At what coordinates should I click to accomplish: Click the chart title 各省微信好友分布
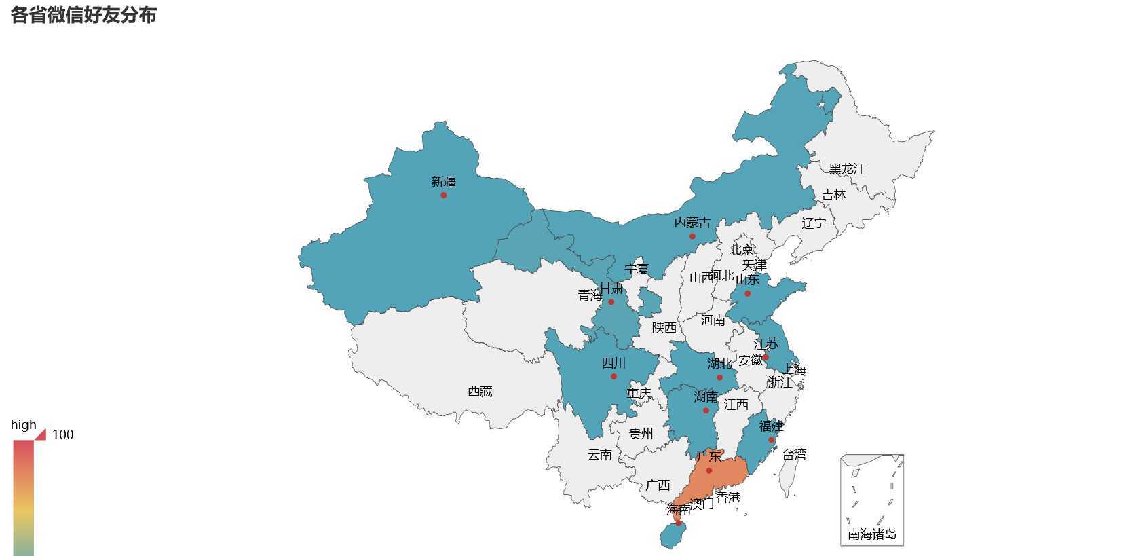(x=83, y=15)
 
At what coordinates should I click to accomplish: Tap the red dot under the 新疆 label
(x=444, y=196)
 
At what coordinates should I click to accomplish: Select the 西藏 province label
(x=480, y=392)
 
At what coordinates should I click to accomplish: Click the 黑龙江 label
(x=847, y=169)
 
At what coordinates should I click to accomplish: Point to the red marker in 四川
(x=613, y=376)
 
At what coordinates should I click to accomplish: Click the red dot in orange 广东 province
(x=708, y=470)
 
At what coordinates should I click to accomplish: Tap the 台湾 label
(x=794, y=455)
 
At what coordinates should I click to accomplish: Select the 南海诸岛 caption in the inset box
(x=872, y=535)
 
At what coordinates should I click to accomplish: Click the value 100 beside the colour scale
(x=62, y=435)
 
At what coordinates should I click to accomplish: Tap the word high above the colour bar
(x=23, y=425)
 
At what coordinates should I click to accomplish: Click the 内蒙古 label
(x=692, y=223)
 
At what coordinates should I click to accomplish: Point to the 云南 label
(x=599, y=455)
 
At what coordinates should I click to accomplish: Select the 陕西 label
(x=664, y=328)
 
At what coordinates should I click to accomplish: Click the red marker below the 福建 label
(x=772, y=440)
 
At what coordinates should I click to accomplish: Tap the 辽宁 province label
(x=814, y=223)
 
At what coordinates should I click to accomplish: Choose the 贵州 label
(x=641, y=434)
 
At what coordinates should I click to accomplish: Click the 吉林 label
(x=833, y=196)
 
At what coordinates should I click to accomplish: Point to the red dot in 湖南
(x=706, y=411)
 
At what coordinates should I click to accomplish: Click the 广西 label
(x=658, y=485)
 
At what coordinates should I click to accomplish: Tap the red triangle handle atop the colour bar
(x=40, y=434)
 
